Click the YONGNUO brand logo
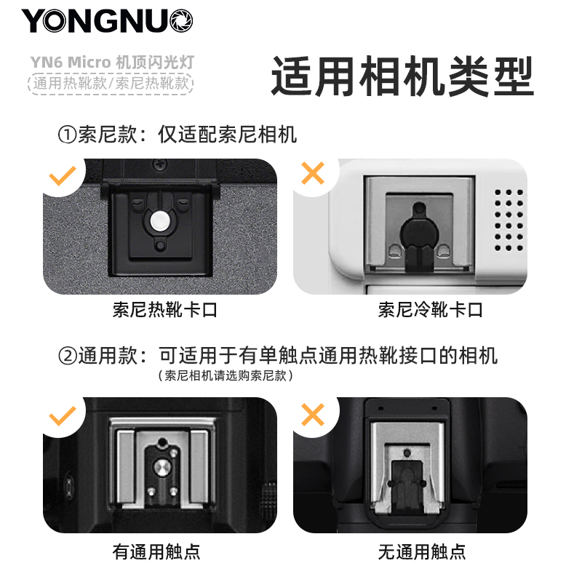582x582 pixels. (x=107, y=21)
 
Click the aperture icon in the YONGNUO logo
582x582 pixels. (x=181, y=21)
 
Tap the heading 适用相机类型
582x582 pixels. (x=403, y=76)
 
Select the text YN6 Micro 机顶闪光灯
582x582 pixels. (x=112, y=62)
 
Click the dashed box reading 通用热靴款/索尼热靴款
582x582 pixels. (x=111, y=83)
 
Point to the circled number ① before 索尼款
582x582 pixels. (x=67, y=135)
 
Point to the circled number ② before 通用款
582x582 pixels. (x=67, y=356)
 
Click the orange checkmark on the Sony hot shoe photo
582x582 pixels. (x=63, y=175)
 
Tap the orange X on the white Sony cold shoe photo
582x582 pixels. (x=313, y=173)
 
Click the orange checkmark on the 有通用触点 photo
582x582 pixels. (x=63, y=415)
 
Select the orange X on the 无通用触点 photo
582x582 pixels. (x=313, y=414)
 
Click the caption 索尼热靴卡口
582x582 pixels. (x=165, y=310)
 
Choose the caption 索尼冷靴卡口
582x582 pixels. (x=430, y=310)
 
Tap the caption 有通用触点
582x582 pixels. (x=156, y=551)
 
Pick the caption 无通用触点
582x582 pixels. (x=422, y=551)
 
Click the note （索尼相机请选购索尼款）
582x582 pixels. (x=226, y=375)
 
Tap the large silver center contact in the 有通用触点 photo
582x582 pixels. (x=162, y=467)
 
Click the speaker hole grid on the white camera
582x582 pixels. (x=509, y=220)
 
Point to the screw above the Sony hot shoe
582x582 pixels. (x=161, y=164)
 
